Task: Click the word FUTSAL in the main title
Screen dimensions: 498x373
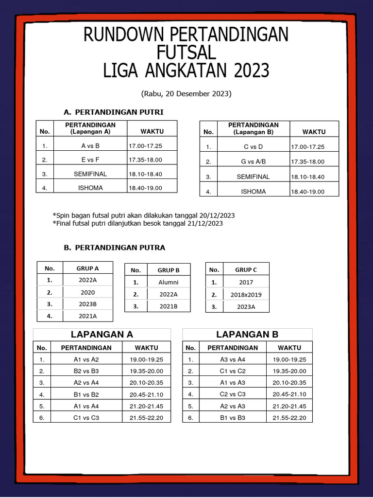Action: coord(186,52)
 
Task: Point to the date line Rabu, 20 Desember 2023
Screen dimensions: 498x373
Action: coord(186,93)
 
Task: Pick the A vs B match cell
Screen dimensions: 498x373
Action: coord(90,145)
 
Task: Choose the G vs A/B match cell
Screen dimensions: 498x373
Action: coord(253,161)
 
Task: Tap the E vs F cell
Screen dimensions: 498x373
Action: coord(90,160)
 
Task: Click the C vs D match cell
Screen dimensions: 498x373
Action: coord(253,146)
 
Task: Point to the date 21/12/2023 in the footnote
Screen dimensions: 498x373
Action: coord(206,223)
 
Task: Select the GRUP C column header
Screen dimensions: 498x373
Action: coord(246,269)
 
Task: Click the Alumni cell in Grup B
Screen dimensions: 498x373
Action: coord(169,282)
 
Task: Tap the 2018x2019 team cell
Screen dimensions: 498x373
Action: coord(246,294)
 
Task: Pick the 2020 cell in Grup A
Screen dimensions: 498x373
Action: coord(87,292)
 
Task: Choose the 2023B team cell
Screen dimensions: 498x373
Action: coord(87,304)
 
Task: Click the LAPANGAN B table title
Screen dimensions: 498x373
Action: coord(247,335)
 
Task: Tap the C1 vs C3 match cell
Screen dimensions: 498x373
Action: coord(86,418)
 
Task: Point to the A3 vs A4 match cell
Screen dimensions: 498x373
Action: coord(233,359)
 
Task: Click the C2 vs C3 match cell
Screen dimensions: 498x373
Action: coord(233,394)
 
